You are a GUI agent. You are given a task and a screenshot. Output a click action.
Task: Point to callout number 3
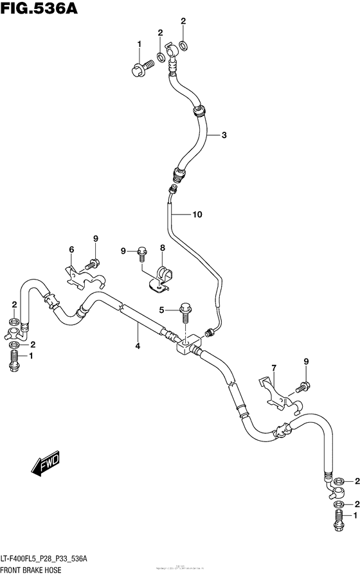[x=224, y=135]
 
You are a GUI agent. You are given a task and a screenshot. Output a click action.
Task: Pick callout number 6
[x=72, y=249]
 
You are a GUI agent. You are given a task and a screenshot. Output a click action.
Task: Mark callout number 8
[x=163, y=247]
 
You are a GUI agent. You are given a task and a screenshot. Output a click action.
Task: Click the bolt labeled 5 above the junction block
[x=185, y=312]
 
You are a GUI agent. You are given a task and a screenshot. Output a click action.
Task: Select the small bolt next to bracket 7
[x=302, y=387]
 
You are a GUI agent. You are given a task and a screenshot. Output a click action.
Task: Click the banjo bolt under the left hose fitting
[x=14, y=362]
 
